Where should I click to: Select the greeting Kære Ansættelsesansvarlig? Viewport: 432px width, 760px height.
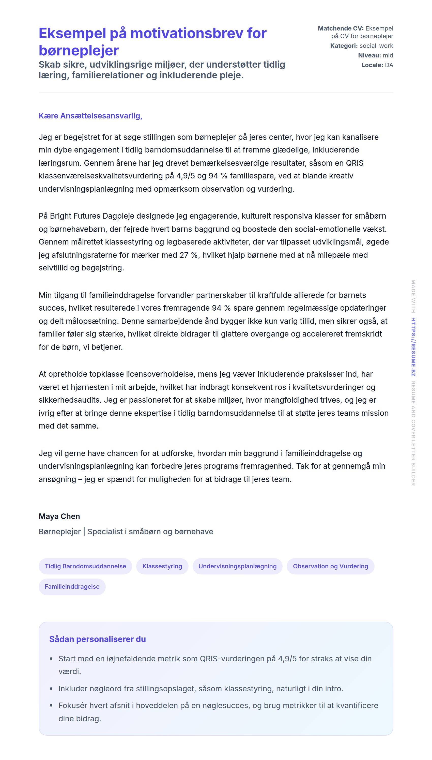coord(90,116)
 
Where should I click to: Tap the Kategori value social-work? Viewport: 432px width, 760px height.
coord(376,46)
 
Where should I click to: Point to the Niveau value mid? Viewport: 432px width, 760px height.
coord(388,55)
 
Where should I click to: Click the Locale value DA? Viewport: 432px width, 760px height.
coord(389,65)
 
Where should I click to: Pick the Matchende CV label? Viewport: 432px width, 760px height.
coord(340,28)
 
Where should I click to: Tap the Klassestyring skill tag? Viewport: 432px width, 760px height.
coord(162,566)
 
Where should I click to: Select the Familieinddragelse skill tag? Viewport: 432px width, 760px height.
coord(72,587)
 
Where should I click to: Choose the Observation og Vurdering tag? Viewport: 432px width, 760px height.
coord(330,566)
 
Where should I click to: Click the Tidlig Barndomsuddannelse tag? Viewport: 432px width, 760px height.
coord(85,566)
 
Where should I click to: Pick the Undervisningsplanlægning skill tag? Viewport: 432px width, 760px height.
coord(237,566)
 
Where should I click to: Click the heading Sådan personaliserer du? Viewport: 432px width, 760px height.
coord(97,639)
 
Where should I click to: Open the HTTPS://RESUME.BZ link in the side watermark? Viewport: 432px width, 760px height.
coord(413,347)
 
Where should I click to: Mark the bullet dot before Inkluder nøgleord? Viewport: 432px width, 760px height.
coord(51,689)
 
